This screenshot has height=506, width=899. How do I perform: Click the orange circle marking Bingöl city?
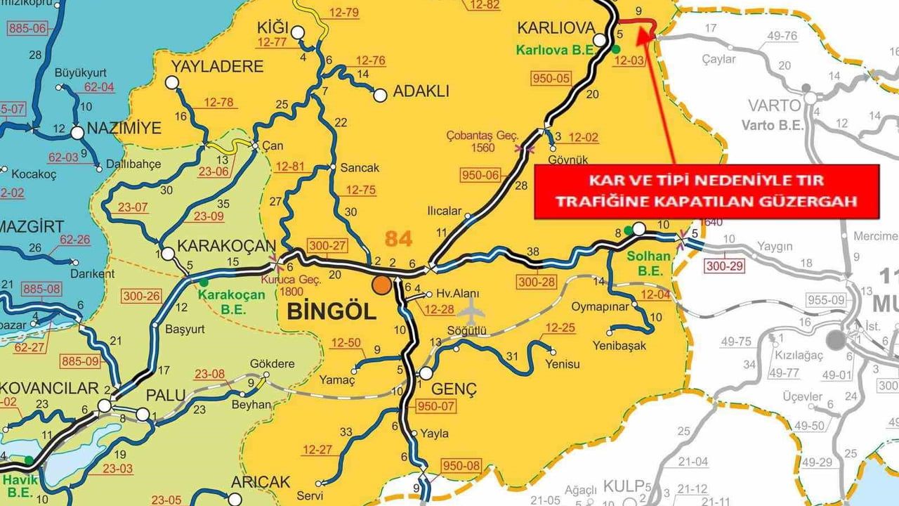coord(381,285)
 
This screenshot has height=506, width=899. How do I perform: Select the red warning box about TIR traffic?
coord(707,192)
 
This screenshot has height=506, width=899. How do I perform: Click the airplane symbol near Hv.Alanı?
coord(471,308)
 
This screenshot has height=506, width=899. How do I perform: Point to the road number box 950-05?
coord(551,78)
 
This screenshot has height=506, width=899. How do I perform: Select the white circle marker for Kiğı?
coord(298,32)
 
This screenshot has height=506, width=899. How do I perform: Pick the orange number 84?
coord(398,239)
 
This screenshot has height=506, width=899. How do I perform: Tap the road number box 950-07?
coord(436,406)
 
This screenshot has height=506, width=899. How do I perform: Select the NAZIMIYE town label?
coord(124,129)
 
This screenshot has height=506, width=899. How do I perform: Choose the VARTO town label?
coord(774,106)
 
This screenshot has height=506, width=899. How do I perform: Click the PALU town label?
coord(166,396)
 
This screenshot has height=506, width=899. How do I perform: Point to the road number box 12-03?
coord(628,60)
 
